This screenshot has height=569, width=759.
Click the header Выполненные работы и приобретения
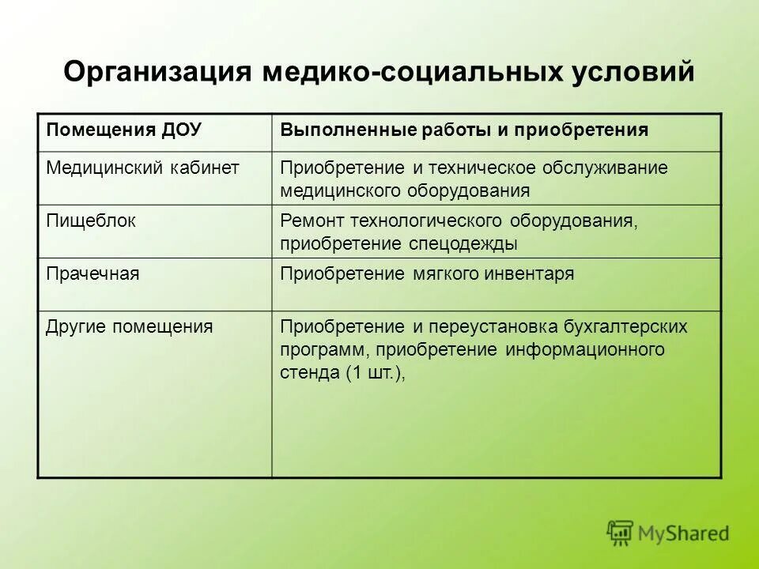pyautogui.click(x=464, y=130)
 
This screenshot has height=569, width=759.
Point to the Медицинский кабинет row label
pyautogui.click(x=142, y=168)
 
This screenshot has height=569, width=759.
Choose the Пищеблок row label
pyautogui.click(x=91, y=220)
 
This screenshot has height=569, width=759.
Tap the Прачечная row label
pyautogui.click(x=93, y=273)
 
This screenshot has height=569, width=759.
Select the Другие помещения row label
pyautogui.click(x=129, y=326)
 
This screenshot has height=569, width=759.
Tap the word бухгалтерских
pyautogui.click(x=625, y=326)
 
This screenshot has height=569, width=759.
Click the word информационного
pyautogui.click(x=585, y=349)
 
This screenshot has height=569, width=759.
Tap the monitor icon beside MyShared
pyautogui.click(x=621, y=533)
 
